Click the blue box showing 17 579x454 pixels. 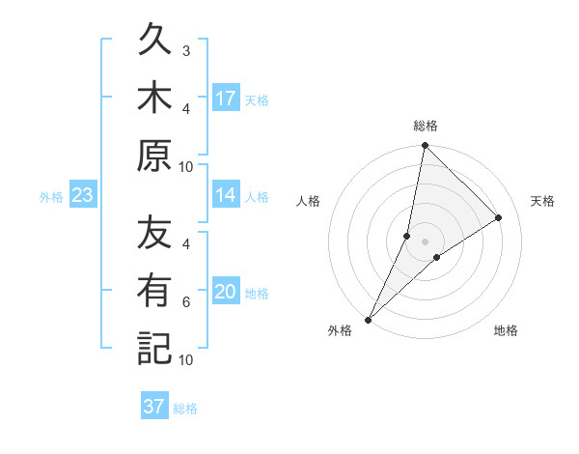click(x=226, y=99)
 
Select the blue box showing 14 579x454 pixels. click(x=226, y=195)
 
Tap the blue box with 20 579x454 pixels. click(x=226, y=292)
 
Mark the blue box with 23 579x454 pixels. click(x=83, y=195)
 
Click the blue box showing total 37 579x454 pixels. click(x=154, y=407)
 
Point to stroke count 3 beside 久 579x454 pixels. click(x=186, y=49)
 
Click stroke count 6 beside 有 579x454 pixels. click(x=186, y=302)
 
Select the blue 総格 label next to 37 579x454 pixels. click(x=185, y=409)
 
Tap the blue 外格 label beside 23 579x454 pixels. click(x=51, y=197)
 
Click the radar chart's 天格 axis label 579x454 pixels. click(x=542, y=201)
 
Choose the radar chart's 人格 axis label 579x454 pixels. click(x=309, y=201)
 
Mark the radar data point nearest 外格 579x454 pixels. click(x=368, y=319)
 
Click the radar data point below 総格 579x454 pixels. click(x=425, y=145)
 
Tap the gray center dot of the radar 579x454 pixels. click(x=425, y=241)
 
